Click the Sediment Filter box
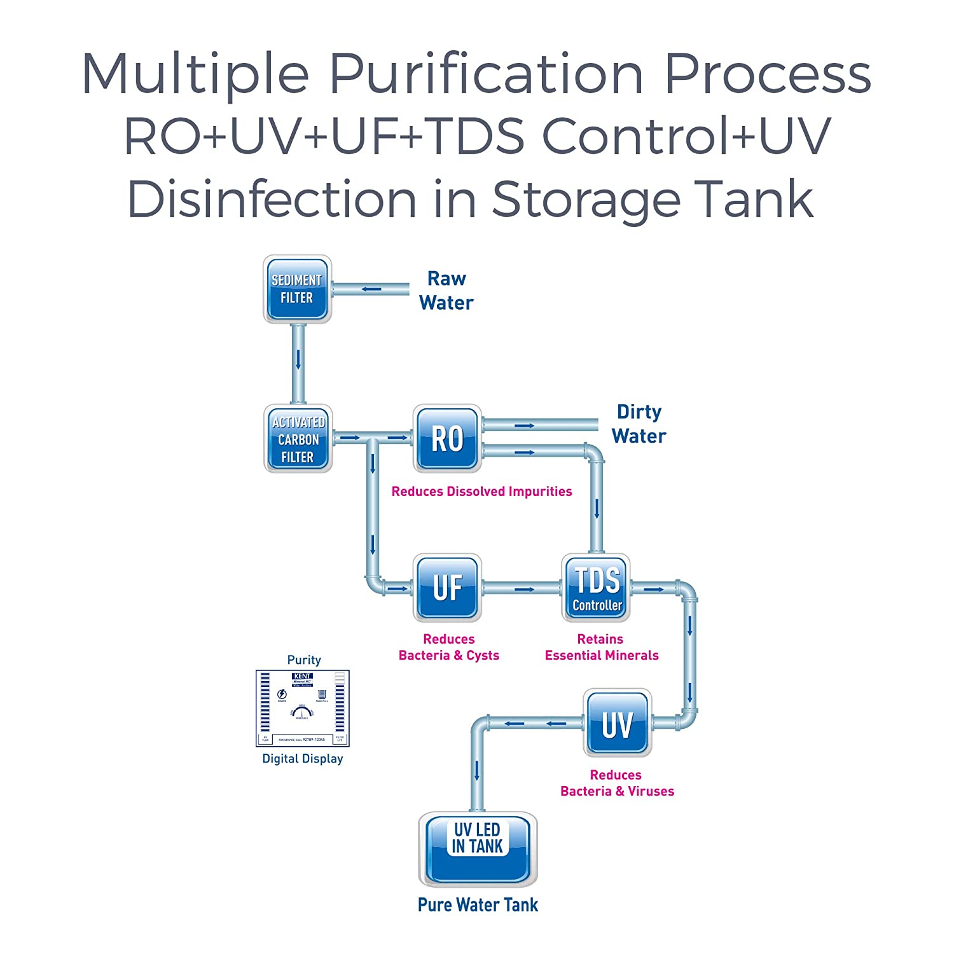point(298,289)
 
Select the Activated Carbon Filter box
point(298,439)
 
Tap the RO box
point(447,439)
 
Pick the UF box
point(447,588)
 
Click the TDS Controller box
point(597,588)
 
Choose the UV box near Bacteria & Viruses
point(617,723)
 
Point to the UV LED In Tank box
point(478,849)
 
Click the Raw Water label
point(446,291)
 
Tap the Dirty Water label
point(639,424)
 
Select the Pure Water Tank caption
point(478,905)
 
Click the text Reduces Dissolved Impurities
point(481,492)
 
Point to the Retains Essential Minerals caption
point(601,647)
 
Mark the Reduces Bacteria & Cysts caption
point(448,647)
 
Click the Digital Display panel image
point(303,708)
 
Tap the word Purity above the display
point(304,660)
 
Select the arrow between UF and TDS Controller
point(524,590)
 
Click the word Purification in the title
point(487,74)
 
